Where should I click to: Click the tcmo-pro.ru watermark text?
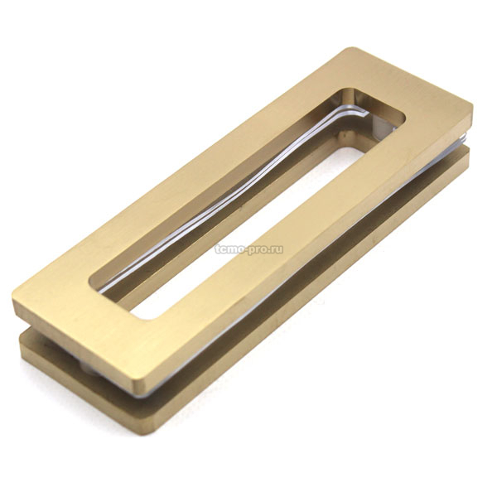click(x=248, y=249)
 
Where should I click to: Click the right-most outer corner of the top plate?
click(x=472, y=108)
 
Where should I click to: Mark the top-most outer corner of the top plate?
click(x=349, y=48)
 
